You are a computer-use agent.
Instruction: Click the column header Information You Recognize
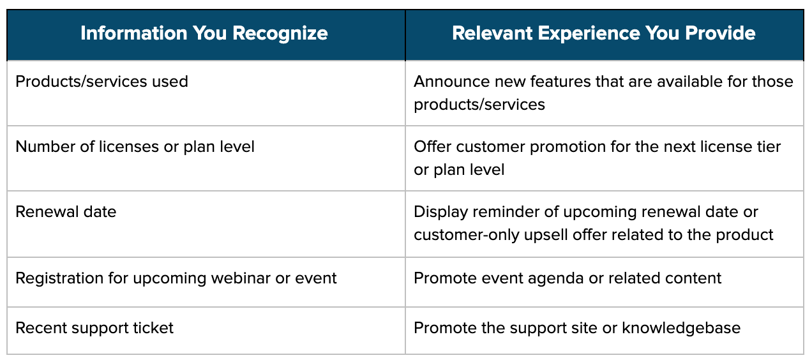pos(204,33)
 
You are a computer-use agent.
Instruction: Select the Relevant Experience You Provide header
pos(603,33)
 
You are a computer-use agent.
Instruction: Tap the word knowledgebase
pos(681,328)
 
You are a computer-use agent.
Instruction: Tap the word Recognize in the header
pos(280,34)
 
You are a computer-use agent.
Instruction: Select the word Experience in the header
pos(589,34)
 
